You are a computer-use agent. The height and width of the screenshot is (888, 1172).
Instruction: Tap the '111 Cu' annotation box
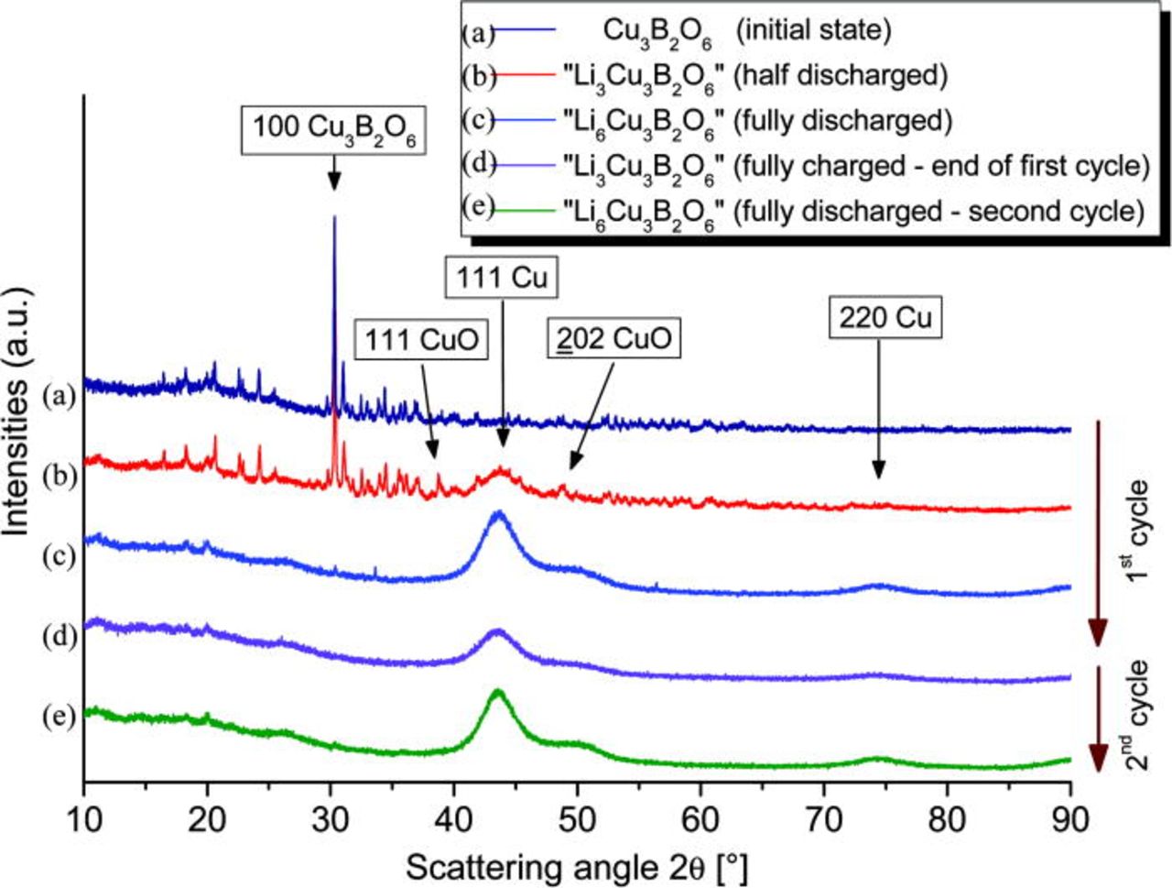click(503, 277)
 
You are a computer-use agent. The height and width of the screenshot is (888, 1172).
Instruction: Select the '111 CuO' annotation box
click(422, 340)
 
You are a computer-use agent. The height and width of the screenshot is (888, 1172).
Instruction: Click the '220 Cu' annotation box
click(885, 317)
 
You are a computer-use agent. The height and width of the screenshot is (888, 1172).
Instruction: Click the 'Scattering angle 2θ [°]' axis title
click(577, 865)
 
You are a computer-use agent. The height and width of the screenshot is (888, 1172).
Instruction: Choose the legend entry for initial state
click(746, 31)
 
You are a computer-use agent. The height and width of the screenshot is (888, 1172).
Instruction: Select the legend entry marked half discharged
click(755, 76)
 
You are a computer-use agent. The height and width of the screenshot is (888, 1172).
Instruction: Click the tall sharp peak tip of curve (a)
click(334, 217)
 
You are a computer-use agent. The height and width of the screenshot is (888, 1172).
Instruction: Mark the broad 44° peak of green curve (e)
click(497, 693)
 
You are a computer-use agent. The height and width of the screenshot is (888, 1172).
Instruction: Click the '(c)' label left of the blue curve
click(60, 556)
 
